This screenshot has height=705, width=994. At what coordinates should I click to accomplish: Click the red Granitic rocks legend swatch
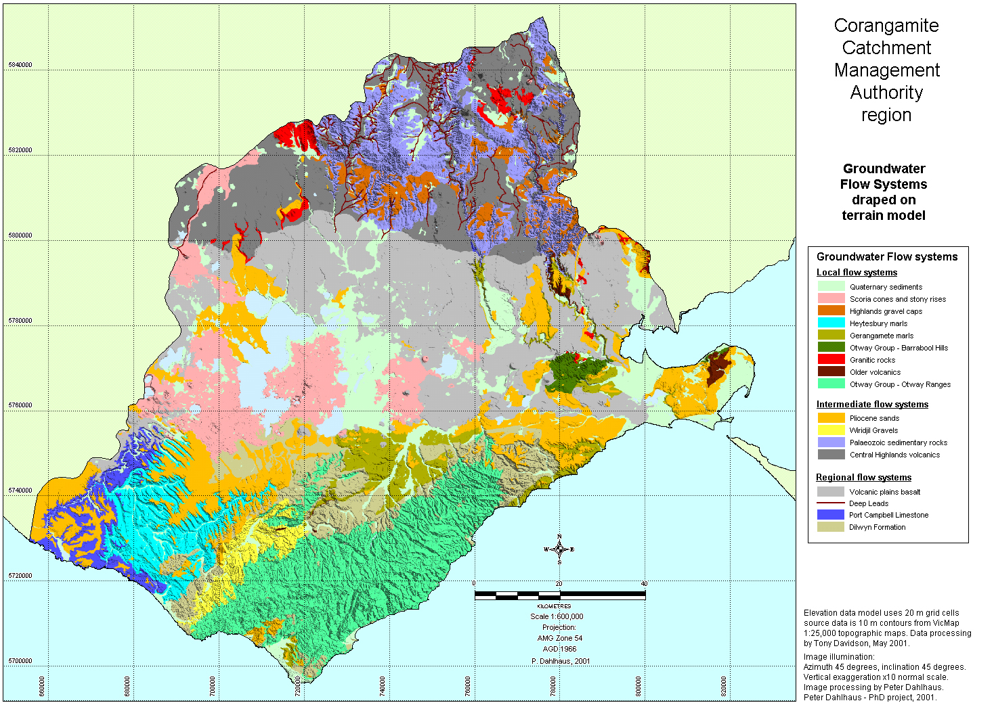pyautogui.click(x=831, y=359)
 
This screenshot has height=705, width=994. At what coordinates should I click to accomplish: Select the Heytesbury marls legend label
pyautogui.click(x=878, y=323)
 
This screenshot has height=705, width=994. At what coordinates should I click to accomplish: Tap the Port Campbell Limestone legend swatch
pyautogui.click(x=831, y=515)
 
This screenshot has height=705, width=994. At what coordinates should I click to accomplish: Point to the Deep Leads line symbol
pyautogui.click(x=831, y=503)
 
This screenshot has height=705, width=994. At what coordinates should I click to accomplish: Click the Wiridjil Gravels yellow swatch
pyautogui.click(x=831, y=430)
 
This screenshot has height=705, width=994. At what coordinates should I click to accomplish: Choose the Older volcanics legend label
pyautogui.click(x=875, y=372)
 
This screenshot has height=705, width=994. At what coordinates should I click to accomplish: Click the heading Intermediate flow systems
pyautogui.click(x=872, y=405)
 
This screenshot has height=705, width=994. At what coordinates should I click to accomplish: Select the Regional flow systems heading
pyautogui.click(x=863, y=478)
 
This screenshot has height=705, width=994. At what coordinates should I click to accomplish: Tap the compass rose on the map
pyautogui.click(x=559, y=549)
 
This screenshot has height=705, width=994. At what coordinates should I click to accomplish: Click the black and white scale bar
pyautogui.click(x=560, y=595)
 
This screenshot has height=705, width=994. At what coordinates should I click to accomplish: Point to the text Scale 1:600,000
pyautogui.click(x=557, y=616)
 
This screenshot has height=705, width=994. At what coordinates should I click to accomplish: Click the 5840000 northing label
pyautogui.click(x=20, y=65)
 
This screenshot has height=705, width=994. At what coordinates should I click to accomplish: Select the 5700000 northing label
pyautogui.click(x=20, y=661)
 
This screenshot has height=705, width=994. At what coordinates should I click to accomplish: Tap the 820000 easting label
pyautogui.click(x=724, y=686)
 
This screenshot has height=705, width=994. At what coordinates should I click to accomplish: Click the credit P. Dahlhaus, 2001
pyautogui.click(x=561, y=661)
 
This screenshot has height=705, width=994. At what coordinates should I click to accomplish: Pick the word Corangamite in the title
pyautogui.click(x=886, y=26)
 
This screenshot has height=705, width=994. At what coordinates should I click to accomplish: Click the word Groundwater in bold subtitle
pyautogui.click(x=884, y=169)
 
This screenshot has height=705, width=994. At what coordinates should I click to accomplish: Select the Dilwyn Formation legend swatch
pyautogui.click(x=831, y=527)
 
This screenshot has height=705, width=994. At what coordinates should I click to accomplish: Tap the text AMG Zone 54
pyautogui.click(x=559, y=638)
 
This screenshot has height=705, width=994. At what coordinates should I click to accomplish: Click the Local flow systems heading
pyautogui.click(x=857, y=273)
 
